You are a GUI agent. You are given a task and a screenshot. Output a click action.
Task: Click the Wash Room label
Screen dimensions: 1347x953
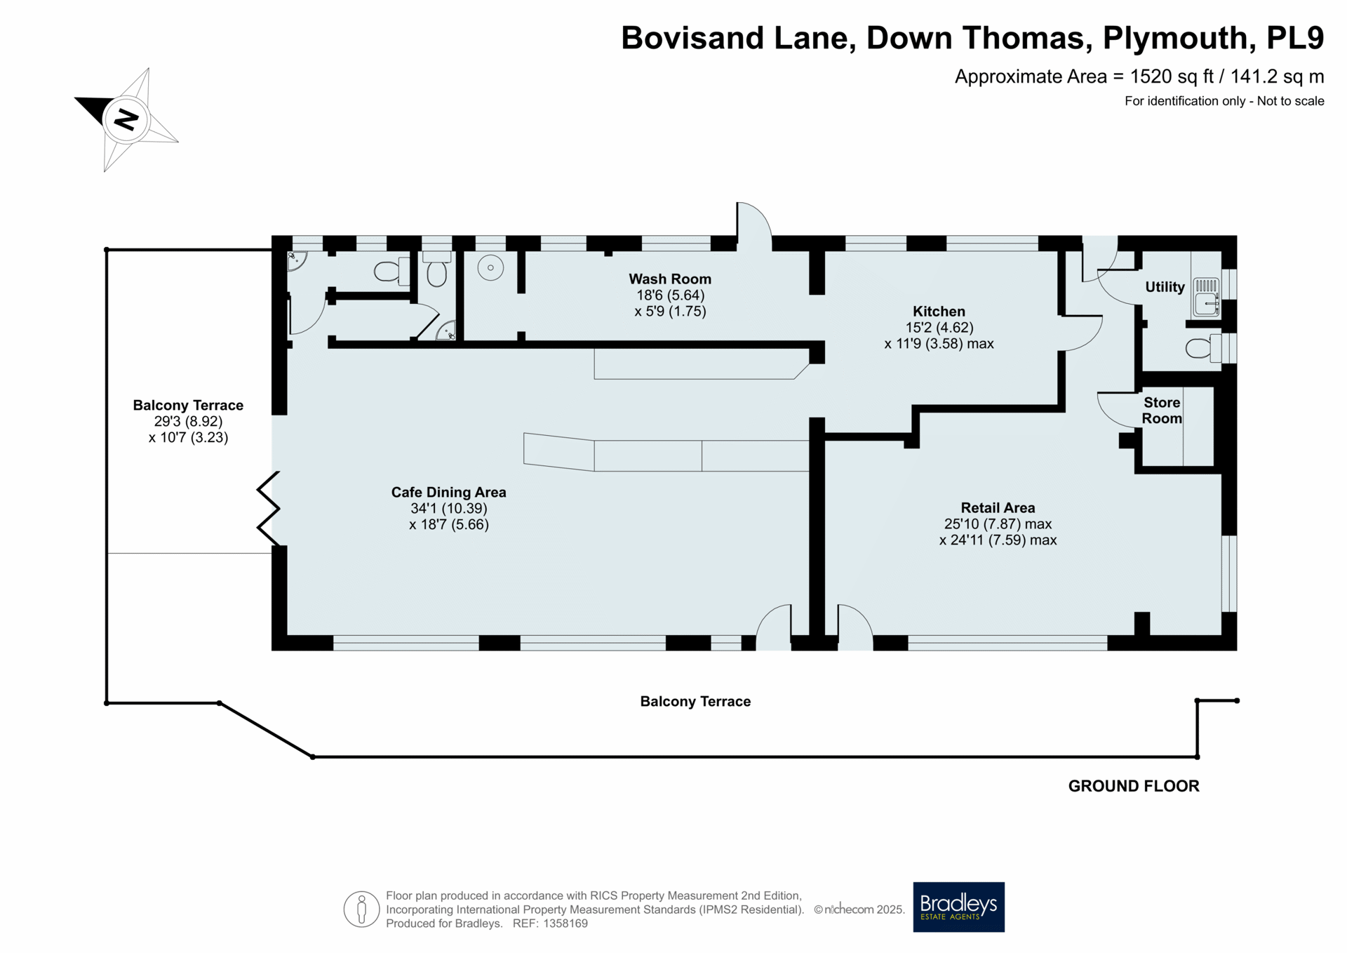670,279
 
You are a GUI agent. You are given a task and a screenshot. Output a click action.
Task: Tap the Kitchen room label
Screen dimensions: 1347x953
939,312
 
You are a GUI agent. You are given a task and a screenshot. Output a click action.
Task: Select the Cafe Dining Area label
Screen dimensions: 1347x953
448,493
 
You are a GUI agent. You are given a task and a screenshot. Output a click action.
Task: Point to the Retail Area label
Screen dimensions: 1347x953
998,508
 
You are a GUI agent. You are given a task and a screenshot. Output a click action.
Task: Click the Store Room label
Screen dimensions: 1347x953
1162,411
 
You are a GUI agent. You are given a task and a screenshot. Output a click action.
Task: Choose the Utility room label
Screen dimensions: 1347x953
1165,287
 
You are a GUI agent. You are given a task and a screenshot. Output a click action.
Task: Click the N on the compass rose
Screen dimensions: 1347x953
126,119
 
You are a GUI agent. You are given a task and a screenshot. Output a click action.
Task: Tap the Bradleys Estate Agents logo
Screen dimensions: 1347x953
958,907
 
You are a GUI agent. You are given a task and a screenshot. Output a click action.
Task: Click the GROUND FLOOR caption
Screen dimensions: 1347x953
1134,786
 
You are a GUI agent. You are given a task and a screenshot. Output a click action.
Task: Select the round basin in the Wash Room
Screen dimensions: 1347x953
490,267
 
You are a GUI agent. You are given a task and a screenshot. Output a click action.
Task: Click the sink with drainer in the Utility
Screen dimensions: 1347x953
1206,295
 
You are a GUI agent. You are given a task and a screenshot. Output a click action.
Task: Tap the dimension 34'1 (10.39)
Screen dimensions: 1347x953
448,509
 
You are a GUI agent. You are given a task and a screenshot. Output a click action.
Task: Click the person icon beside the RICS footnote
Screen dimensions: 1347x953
361,909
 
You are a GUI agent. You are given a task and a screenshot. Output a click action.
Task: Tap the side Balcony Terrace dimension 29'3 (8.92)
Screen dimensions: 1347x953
188,422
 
